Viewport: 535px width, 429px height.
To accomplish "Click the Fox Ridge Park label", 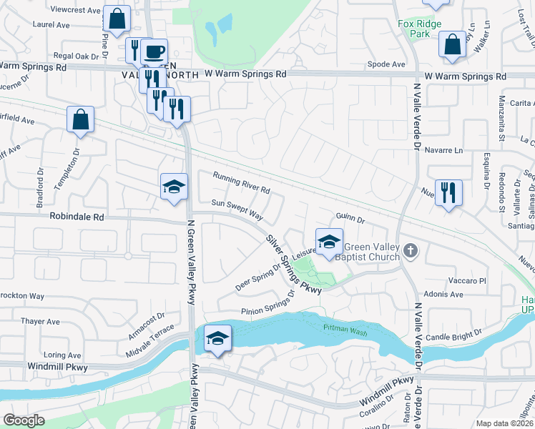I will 419,29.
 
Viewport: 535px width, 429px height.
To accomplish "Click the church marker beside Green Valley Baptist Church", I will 410,250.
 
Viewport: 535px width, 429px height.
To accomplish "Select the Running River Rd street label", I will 241,183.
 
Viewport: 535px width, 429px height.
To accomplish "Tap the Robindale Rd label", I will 77,216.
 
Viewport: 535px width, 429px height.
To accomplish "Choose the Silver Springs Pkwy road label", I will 293,264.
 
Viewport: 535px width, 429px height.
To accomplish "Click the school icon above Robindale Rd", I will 174,187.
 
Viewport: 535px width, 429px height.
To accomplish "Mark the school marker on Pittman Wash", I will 217,337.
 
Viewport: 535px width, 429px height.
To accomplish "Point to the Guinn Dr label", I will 350,220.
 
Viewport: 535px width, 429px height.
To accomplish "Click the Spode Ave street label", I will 386,64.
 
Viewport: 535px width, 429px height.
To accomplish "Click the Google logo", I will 24,420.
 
